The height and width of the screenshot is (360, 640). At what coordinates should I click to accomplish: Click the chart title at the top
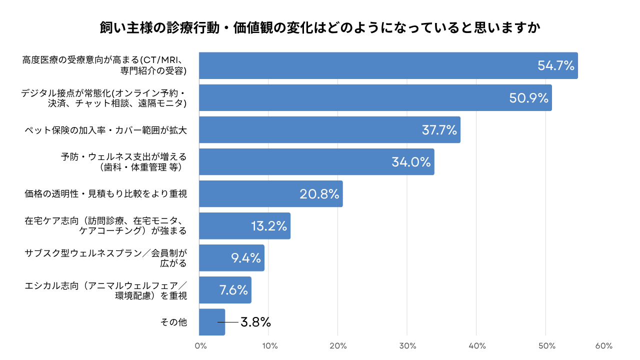(320, 27)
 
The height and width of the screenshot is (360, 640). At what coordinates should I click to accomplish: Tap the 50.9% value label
(529, 97)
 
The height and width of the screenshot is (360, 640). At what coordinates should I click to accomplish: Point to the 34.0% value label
(410, 162)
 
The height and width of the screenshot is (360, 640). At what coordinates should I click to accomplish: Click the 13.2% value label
(269, 226)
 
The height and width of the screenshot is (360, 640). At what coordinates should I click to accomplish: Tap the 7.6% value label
(233, 290)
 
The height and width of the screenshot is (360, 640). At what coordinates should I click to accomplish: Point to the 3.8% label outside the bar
(255, 322)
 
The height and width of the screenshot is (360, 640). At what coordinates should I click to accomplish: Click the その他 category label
(173, 322)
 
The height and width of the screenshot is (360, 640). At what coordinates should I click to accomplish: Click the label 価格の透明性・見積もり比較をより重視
(106, 194)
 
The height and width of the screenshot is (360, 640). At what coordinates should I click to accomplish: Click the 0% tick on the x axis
(200, 346)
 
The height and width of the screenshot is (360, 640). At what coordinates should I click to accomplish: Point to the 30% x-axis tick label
(407, 346)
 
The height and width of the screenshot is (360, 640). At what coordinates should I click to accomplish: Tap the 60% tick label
(604, 346)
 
